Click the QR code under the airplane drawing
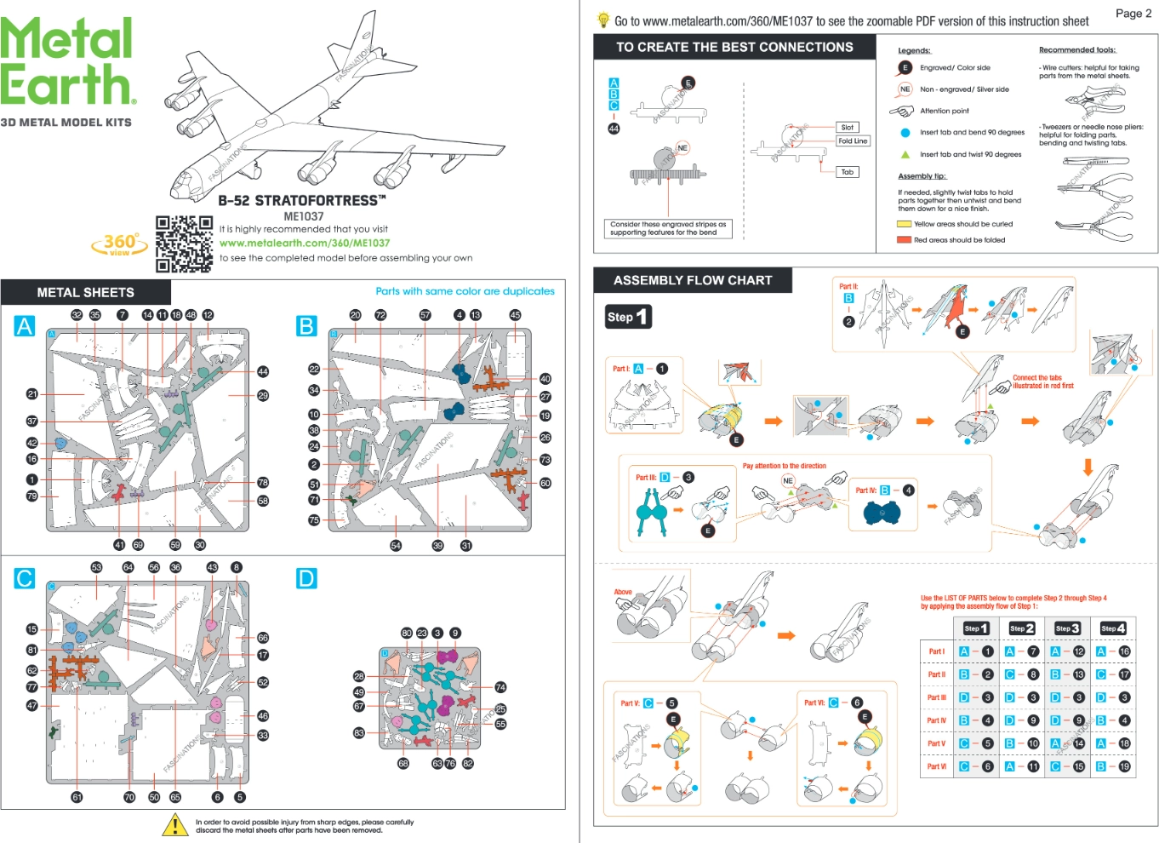click(x=184, y=244)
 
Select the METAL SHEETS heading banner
click(x=85, y=292)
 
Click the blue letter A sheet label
click(x=25, y=326)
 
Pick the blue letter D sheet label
click(x=306, y=579)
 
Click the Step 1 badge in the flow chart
click(x=628, y=317)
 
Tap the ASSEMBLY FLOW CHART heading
click(x=693, y=280)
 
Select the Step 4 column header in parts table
click(x=1113, y=628)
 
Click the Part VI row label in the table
click(x=936, y=766)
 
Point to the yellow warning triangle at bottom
click(x=175, y=824)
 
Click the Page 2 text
click(x=1133, y=13)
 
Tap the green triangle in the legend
click(x=905, y=154)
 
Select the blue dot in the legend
click(x=905, y=133)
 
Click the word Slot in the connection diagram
click(x=848, y=127)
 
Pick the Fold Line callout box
click(x=853, y=141)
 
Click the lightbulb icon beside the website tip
click(x=603, y=20)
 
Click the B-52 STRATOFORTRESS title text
click(x=302, y=201)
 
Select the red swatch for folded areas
click(x=904, y=240)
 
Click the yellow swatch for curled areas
click(x=904, y=224)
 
